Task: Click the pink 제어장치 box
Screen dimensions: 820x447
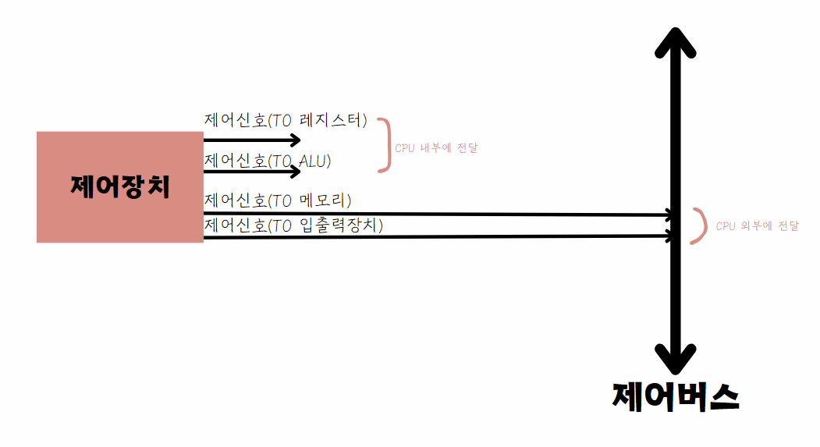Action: tap(120, 187)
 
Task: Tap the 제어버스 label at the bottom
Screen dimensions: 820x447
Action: tap(676, 397)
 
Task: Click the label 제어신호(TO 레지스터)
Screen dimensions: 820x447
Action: tap(286, 121)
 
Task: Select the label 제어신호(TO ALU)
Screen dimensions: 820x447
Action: tap(268, 161)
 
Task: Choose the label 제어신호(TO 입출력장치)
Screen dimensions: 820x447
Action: tap(294, 225)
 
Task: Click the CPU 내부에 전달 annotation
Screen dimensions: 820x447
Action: tap(436, 147)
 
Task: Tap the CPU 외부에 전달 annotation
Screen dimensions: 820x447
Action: tap(757, 226)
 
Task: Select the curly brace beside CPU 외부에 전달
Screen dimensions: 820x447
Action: tap(699, 226)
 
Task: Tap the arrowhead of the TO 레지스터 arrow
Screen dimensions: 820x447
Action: tap(295, 140)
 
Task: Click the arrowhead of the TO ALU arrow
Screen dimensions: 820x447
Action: tap(295, 171)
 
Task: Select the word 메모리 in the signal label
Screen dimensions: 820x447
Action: tap(325, 201)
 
